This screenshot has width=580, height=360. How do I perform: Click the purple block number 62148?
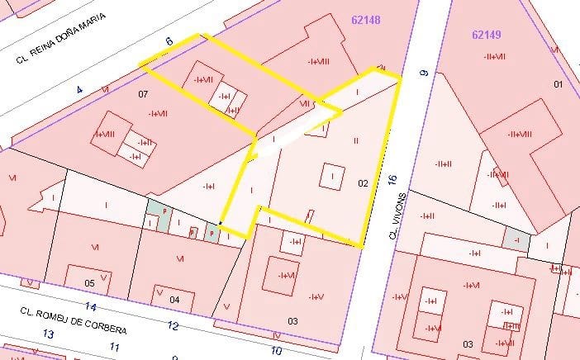click(x=365, y=20)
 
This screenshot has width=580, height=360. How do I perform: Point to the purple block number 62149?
click(x=487, y=35)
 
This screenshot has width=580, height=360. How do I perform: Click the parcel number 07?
click(x=143, y=94)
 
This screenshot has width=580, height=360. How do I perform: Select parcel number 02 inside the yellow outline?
click(x=362, y=182)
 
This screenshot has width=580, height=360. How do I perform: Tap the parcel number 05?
click(x=90, y=282)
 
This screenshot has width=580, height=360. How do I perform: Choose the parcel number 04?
click(x=174, y=299)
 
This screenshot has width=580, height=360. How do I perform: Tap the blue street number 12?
click(x=172, y=325)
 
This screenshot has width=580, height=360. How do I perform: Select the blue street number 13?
click(x=49, y=334)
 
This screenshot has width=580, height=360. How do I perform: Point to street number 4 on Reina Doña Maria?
click(x=80, y=88)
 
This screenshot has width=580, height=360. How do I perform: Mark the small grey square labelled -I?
click(x=516, y=239)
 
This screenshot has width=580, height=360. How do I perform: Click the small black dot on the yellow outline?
click(x=220, y=223)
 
